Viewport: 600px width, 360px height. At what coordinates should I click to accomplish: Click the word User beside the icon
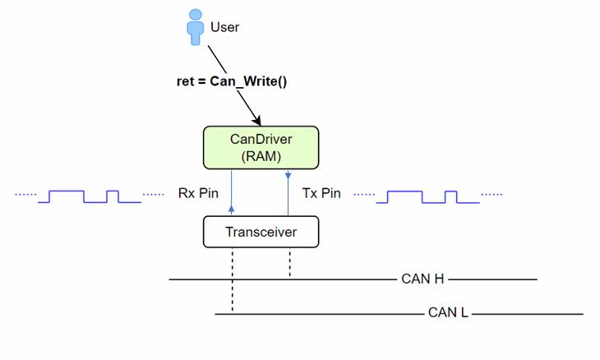(x=224, y=27)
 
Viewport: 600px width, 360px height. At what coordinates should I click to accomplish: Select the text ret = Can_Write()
(x=232, y=82)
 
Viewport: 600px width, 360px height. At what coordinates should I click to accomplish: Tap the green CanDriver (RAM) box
(x=261, y=148)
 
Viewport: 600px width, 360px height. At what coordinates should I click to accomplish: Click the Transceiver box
(x=261, y=232)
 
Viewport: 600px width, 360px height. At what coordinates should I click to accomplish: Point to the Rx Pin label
(x=198, y=194)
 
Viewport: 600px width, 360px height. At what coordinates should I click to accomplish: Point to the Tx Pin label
(x=321, y=194)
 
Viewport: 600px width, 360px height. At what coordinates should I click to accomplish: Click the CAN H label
(x=422, y=279)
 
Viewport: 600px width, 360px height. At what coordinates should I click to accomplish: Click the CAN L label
(x=448, y=313)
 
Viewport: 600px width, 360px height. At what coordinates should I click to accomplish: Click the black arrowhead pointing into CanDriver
(x=256, y=121)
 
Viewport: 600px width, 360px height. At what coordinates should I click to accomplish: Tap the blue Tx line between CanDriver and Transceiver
(x=288, y=192)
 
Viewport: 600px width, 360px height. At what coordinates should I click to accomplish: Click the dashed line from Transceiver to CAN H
(x=289, y=263)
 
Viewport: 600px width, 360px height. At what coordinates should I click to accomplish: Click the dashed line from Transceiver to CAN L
(x=233, y=279)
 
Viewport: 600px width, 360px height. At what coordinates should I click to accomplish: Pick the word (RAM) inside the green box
(x=261, y=156)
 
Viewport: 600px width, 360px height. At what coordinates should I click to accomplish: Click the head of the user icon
(x=195, y=14)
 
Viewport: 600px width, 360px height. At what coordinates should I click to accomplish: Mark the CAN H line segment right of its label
(x=493, y=279)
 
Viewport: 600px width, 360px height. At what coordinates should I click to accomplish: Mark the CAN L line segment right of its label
(x=526, y=313)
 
